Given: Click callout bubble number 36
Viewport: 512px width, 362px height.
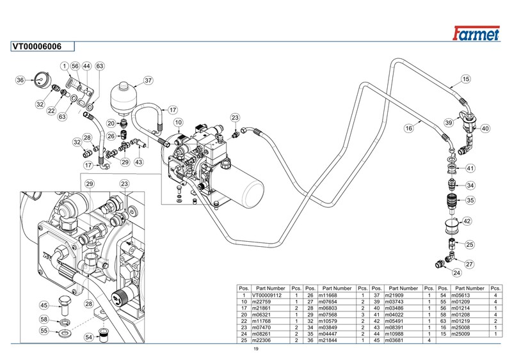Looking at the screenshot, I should point(20,81).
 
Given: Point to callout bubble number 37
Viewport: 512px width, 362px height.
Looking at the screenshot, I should point(148,81).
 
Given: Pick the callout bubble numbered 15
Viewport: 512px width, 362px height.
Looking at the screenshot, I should point(466,79).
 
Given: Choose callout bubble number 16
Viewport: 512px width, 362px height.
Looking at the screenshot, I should point(408,128).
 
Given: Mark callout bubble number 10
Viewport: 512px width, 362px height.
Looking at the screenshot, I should point(179,122).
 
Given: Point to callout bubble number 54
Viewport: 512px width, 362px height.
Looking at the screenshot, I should point(89,337).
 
